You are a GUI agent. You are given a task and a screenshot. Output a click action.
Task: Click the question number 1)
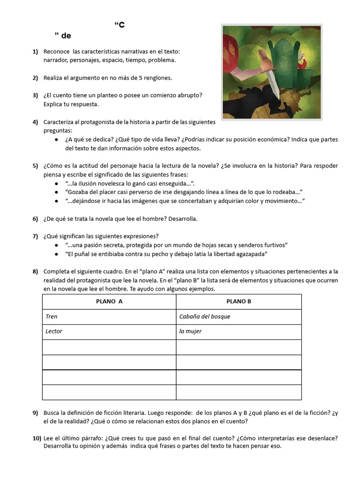tap(35, 51)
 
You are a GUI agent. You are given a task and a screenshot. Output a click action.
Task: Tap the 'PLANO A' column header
tap(109, 301)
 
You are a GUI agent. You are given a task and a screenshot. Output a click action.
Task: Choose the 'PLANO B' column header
tap(239, 301)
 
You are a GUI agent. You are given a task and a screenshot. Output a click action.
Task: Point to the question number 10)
tap(37, 438)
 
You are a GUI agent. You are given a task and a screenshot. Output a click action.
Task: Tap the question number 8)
tap(35, 271)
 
